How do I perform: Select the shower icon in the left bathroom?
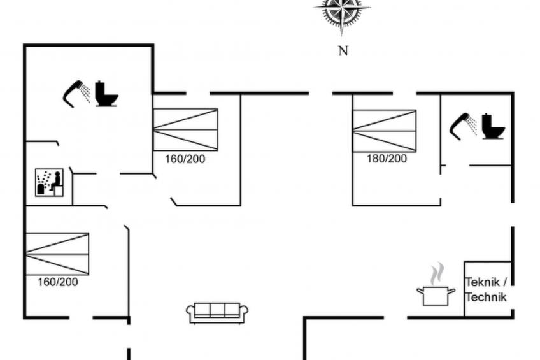click(76, 92)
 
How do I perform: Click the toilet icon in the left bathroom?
click(106, 94)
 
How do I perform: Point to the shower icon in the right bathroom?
click(464, 125)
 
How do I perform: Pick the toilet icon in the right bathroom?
click(493, 126)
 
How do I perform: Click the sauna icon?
click(48, 182)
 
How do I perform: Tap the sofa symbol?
click(217, 312)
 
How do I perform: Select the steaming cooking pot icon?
click(436, 295)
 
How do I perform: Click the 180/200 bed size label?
click(387, 159)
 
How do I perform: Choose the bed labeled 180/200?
click(384, 131)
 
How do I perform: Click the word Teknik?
click(483, 282)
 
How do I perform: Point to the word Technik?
click(487, 297)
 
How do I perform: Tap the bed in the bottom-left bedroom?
click(57, 254)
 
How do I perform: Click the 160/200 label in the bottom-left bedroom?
click(58, 282)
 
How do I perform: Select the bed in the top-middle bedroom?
click(185, 129)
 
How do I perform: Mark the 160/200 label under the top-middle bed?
click(185, 159)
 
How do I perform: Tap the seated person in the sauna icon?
click(55, 181)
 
